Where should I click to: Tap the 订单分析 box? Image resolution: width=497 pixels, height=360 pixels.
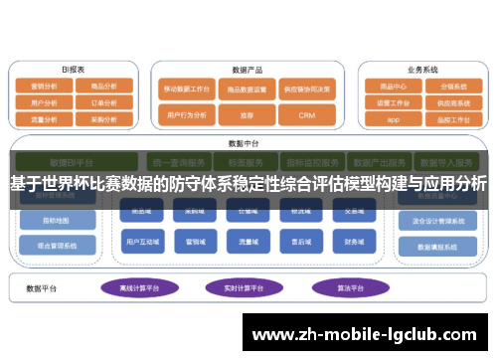click(x=103, y=102)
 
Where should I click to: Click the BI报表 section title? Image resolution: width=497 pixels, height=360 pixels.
click(x=74, y=70)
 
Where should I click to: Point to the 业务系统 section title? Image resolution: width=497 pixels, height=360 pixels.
click(x=422, y=70)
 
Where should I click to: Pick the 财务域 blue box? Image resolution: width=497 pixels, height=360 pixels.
click(x=355, y=241)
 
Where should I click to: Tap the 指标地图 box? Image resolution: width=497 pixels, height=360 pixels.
click(x=58, y=220)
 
